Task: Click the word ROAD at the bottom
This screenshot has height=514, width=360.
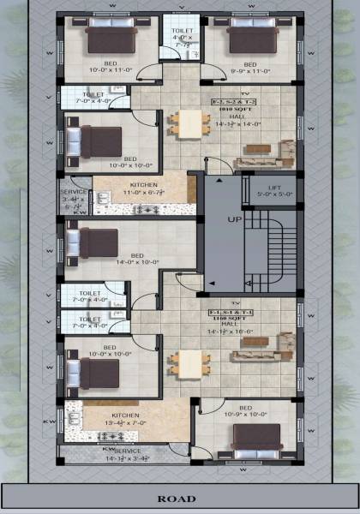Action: pos(181,498)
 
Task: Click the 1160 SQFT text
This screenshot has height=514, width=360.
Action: pos(228,318)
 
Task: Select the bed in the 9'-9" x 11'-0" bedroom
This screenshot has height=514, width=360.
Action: pos(249,39)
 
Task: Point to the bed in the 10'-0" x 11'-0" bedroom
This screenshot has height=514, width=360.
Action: pos(109,39)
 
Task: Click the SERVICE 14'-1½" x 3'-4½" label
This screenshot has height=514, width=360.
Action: pos(127,453)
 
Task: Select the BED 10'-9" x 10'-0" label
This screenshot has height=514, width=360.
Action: pos(245,411)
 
